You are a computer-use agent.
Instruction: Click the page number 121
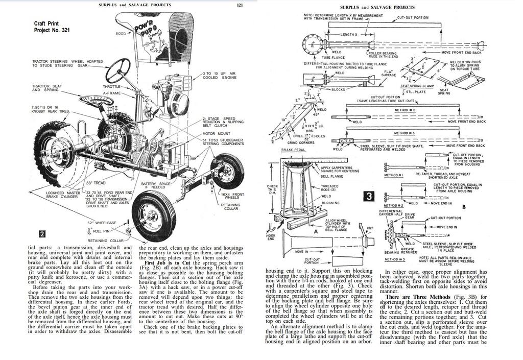(240, 5)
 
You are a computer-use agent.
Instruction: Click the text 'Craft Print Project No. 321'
(52, 27)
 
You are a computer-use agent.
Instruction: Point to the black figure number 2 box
(43, 234)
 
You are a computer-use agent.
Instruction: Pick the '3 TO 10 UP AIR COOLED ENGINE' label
(220, 76)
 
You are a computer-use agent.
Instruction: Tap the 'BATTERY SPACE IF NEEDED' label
(155, 185)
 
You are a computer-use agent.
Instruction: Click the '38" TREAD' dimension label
(96, 183)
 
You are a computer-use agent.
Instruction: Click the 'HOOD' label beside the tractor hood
(121, 34)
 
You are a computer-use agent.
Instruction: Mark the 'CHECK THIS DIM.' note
(274, 190)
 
